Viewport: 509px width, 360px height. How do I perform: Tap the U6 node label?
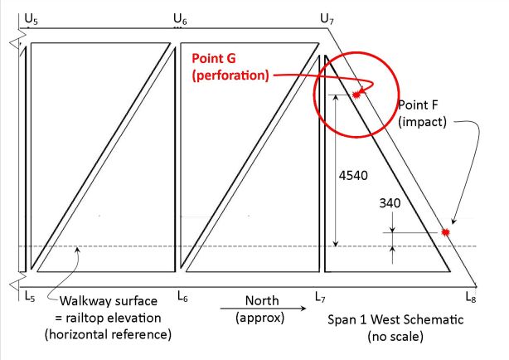[180, 16]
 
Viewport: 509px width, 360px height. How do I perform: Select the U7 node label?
[327, 16]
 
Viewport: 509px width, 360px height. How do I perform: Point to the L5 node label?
[30, 294]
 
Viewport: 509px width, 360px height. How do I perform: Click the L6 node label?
[183, 294]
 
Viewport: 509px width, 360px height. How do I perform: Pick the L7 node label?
[322, 294]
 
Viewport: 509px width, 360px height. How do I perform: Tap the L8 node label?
[471, 294]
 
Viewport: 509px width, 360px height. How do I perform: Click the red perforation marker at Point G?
[357, 95]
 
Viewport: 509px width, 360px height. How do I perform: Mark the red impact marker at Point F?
[446, 233]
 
